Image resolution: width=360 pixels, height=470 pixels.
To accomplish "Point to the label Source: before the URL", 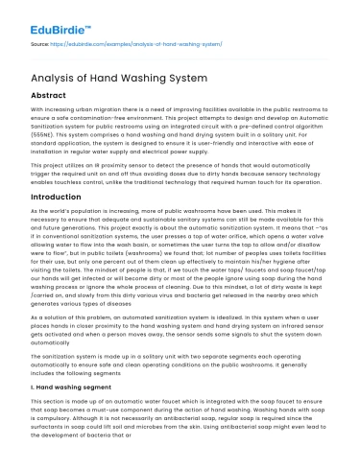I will [42, 44].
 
